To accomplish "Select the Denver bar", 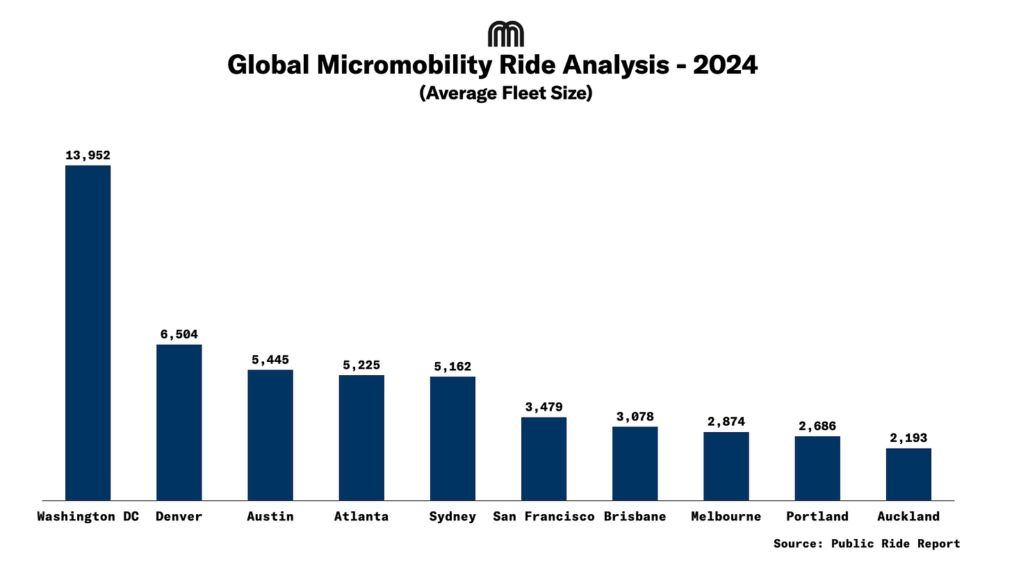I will (179, 422).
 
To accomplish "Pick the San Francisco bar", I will (544, 458).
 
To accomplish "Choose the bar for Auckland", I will (908, 474).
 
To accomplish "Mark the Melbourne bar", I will (726, 465).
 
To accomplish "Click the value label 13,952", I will (88, 156).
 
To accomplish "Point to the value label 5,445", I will (270, 360).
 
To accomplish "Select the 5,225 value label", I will (361, 365).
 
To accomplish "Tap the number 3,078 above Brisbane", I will (635, 417).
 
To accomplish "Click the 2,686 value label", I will (817, 427).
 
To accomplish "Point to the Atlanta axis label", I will (361, 516).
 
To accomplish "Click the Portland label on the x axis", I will (817, 516).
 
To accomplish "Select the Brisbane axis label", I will (635, 516).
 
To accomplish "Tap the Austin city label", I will (270, 516).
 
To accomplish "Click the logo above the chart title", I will (506, 34).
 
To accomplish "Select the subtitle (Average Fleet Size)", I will (506, 93).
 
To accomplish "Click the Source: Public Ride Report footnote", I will (867, 543).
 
